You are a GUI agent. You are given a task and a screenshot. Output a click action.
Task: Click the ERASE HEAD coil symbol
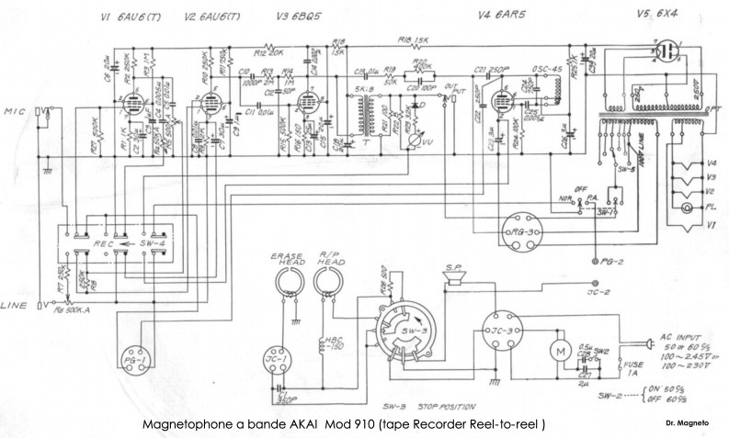[290, 284]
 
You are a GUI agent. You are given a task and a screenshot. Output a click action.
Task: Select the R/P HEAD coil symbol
[327, 284]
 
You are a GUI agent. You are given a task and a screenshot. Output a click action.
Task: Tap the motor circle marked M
[554, 350]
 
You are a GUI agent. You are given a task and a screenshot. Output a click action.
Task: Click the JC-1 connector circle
[278, 354]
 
